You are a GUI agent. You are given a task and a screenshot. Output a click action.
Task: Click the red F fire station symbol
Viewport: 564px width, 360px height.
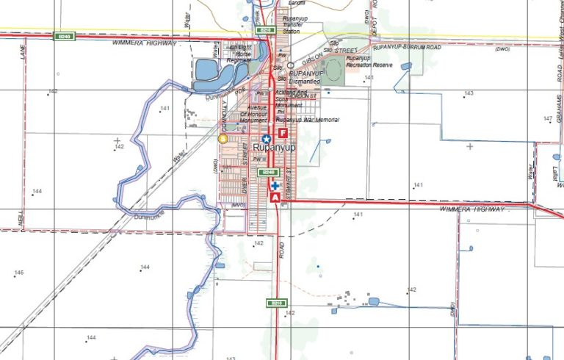[x=283, y=124]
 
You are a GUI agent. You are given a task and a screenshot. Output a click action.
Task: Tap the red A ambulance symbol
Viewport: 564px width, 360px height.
[x=275, y=198]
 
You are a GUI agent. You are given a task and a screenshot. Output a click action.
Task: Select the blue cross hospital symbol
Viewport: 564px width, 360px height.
[x=275, y=186]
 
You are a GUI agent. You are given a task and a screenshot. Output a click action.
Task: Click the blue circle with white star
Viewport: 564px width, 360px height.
[x=267, y=138]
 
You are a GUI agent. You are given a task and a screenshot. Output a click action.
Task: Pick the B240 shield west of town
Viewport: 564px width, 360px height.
[x=63, y=37]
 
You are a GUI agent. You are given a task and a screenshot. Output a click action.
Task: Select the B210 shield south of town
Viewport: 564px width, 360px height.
[x=277, y=303]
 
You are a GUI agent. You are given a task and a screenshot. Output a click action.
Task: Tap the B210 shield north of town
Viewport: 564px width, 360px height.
[x=265, y=30]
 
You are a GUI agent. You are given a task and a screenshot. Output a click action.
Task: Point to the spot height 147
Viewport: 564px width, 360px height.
[x=547, y=118]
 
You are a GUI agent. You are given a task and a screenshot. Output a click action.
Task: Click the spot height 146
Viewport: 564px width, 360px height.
[x=19, y=273]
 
